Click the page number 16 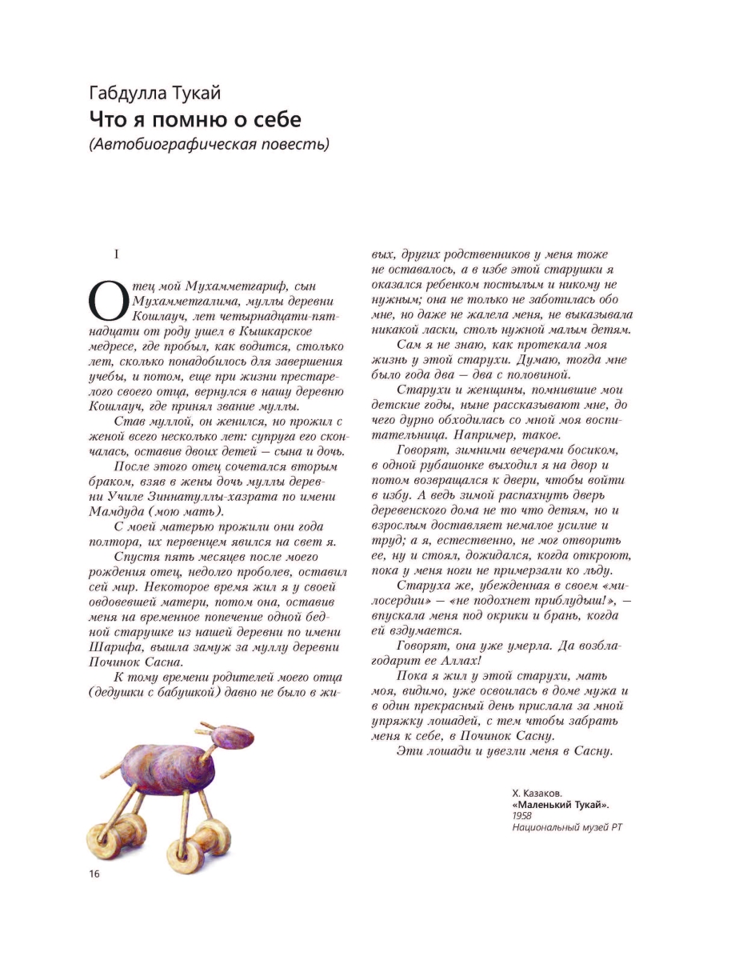(x=94, y=872)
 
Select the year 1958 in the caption (x=522, y=817)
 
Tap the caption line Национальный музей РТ (x=567, y=828)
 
